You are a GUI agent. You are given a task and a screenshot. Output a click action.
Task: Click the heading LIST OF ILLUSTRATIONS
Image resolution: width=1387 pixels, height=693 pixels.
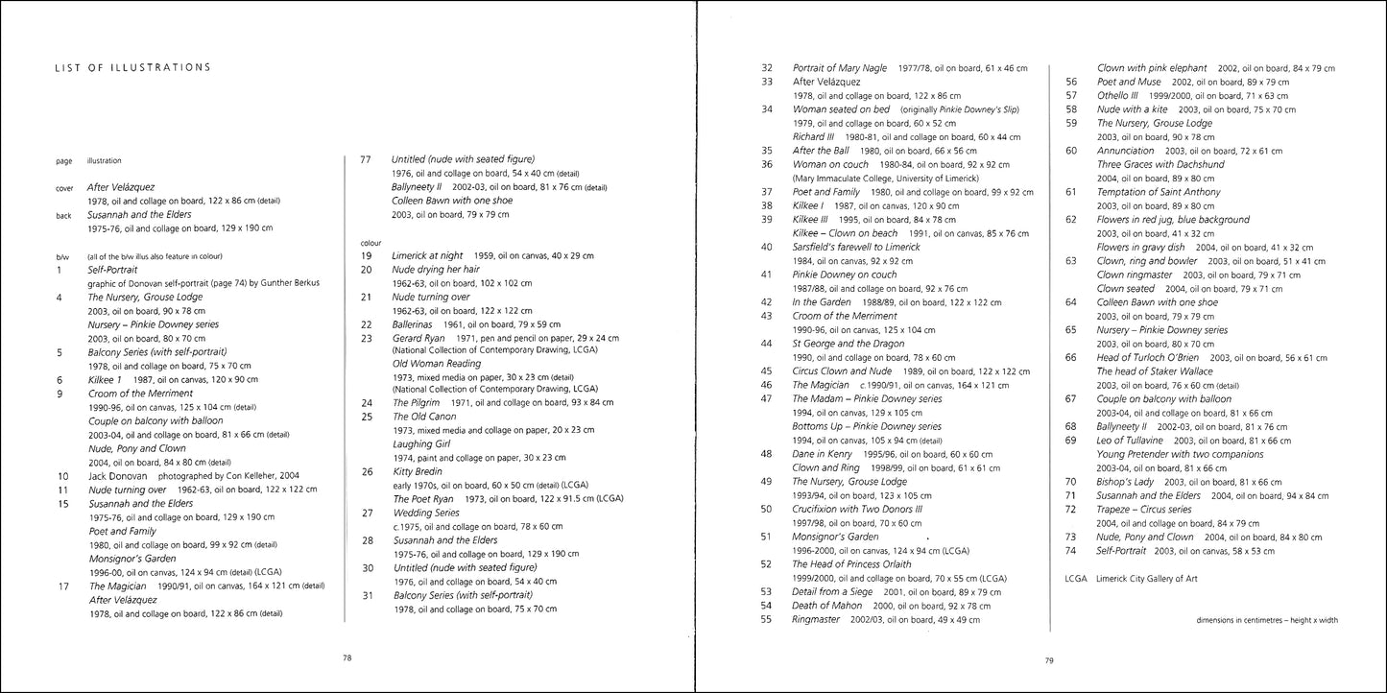click(132, 67)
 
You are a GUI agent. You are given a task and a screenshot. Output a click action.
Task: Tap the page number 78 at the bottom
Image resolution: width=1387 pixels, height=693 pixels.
click(347, 657)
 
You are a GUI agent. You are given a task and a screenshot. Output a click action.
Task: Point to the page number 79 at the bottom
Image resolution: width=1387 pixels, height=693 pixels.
click(1049, 659)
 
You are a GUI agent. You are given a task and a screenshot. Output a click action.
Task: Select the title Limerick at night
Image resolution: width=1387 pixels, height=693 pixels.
click(426, 255)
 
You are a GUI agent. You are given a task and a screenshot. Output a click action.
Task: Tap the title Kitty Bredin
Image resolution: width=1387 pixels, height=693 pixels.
click(416, 471)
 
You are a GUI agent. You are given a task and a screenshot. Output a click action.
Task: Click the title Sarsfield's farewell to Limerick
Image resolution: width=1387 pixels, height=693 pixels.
click(856, 247)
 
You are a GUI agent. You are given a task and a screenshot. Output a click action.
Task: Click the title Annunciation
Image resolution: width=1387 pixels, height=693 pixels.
click(1126, 151)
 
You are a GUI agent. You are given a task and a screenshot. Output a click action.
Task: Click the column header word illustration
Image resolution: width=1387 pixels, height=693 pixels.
click(105, 161)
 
